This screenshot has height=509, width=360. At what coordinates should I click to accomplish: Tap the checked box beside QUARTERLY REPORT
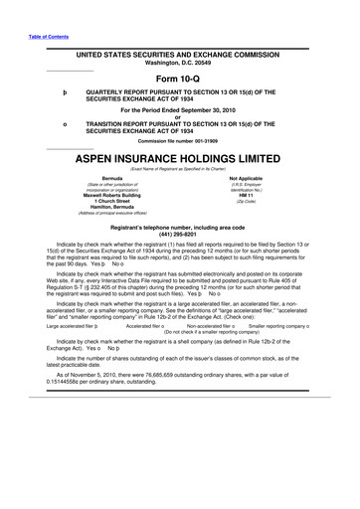point(66,94)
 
